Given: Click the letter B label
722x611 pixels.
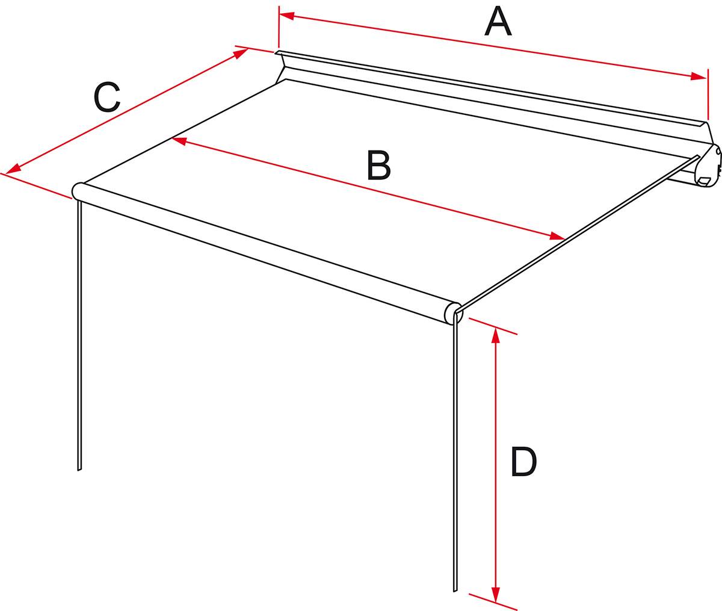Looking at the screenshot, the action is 378,166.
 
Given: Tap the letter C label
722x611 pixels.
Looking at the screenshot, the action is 107,97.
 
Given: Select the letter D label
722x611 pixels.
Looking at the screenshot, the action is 523,461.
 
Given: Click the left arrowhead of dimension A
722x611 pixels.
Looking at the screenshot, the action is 286,16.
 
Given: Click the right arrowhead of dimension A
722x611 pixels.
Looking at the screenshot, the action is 699,76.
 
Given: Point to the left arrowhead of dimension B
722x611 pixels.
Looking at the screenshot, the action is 179,141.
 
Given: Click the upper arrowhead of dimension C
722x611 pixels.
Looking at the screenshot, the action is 241,54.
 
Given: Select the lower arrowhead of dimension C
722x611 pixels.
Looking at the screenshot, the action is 13,169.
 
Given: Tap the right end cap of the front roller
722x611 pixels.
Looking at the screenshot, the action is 454,312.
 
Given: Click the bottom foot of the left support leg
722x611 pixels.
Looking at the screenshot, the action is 79,468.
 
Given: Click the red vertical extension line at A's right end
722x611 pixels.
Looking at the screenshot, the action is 708,95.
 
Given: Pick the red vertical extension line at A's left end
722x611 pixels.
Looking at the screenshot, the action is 279,26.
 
